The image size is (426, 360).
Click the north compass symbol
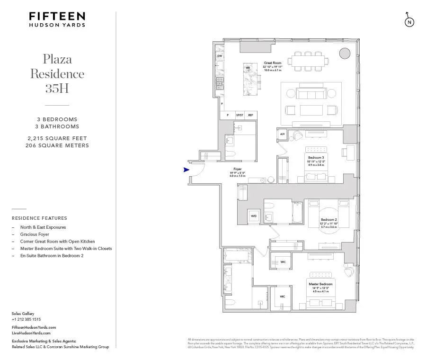[409, 22]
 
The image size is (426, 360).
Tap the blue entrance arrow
[186, 170]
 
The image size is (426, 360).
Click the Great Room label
[273, 63]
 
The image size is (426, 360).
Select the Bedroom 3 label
[316, 157]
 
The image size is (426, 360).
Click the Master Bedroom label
[320, 284]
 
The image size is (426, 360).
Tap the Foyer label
[238, 169]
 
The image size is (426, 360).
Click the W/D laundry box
[254, 216]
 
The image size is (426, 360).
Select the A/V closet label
[282, 134]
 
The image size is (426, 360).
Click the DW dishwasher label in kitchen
[220, 56]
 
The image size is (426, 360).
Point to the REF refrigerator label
[250, 115]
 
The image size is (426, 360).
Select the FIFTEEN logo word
[57, 17]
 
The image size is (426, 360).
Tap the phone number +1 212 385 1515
[26, 319]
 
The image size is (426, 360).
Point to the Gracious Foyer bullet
[35, 234]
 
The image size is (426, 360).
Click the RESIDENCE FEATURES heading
[39, 218]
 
